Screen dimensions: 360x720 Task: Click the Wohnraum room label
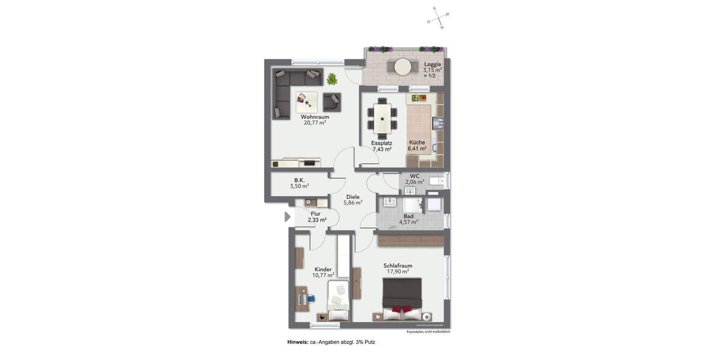(315, 117)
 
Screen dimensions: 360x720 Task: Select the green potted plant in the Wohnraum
(332, 79)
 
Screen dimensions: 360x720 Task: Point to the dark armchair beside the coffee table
(332, 101)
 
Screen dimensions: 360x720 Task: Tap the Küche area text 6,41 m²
(417, 149)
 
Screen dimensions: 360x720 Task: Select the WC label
(415, 176)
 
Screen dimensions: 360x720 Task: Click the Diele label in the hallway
(353, 197)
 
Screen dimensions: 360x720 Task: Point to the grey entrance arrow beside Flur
(287, 217)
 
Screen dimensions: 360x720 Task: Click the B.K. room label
(299, 180)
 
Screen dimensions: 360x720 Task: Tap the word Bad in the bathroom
(409, 216)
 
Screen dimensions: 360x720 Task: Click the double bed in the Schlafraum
(402, 298)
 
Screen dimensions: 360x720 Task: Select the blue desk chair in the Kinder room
(311, 298)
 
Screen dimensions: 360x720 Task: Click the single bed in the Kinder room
(338, 301)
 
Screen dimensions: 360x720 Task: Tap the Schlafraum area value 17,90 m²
(398, 272)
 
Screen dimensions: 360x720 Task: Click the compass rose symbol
(439, 18)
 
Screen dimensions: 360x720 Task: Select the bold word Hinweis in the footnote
(298, 342)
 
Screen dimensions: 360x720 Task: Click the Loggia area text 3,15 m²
(432, 70)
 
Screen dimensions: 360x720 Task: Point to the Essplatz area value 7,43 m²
(382, 149)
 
